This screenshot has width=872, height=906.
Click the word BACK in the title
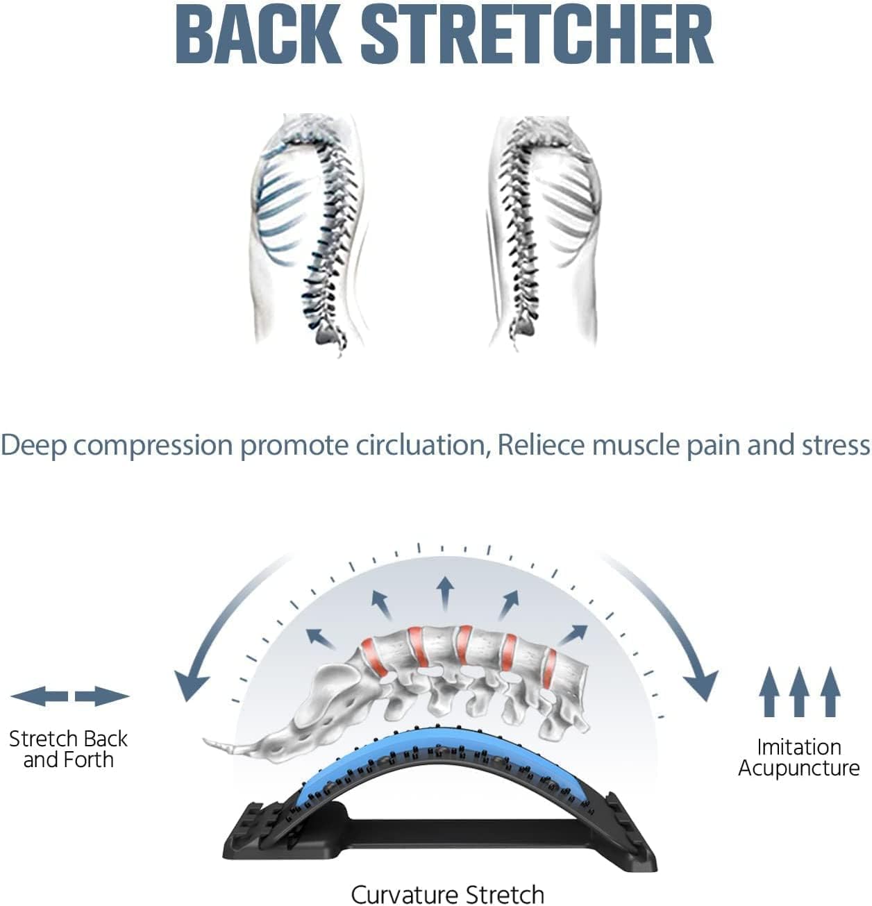258,35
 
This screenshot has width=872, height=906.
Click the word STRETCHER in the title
537,35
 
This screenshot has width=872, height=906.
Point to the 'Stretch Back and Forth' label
68,749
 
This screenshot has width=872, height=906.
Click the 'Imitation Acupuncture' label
798,757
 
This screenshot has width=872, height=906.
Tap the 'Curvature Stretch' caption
447,894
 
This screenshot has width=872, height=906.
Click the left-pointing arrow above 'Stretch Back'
39,696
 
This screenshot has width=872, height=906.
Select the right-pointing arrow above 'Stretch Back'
102,696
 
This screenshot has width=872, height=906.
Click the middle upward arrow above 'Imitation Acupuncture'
798,691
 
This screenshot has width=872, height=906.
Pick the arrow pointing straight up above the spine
445,594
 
